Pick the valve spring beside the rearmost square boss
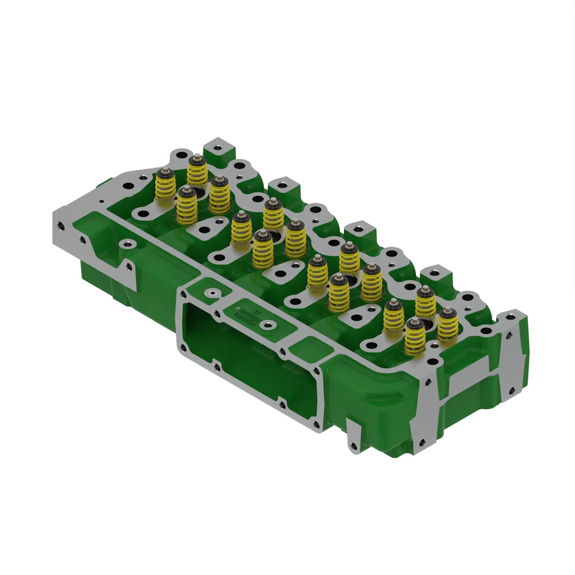coord(197,170)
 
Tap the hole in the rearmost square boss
coord(218,147)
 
